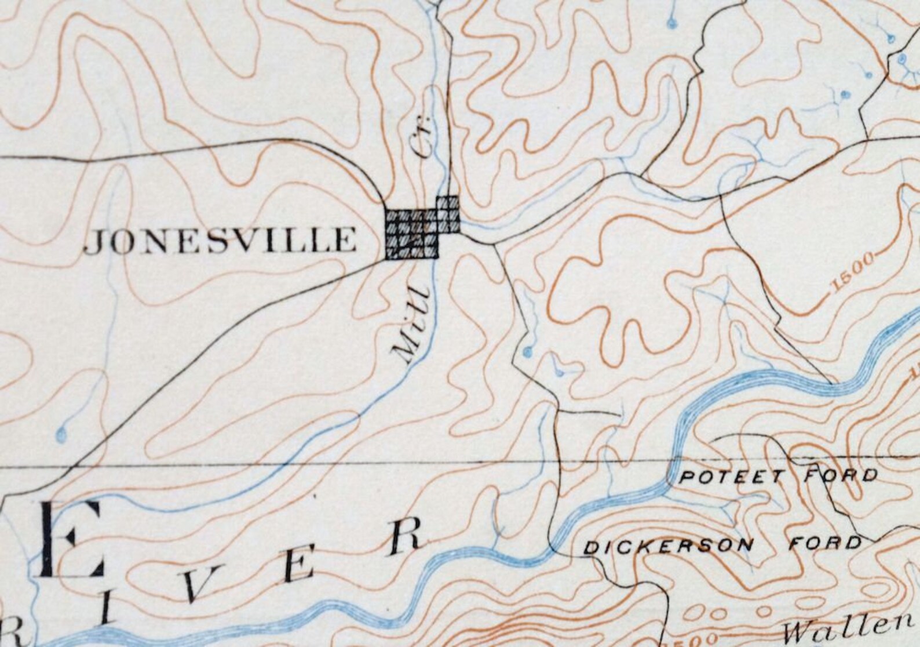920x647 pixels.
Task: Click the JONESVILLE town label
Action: click(220, 241)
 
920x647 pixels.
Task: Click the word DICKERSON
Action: click(669, 546)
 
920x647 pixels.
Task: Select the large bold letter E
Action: click(71, 540)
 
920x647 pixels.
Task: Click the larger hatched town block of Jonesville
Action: click(412, 234)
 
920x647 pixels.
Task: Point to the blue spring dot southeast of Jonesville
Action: click(527, 351)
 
